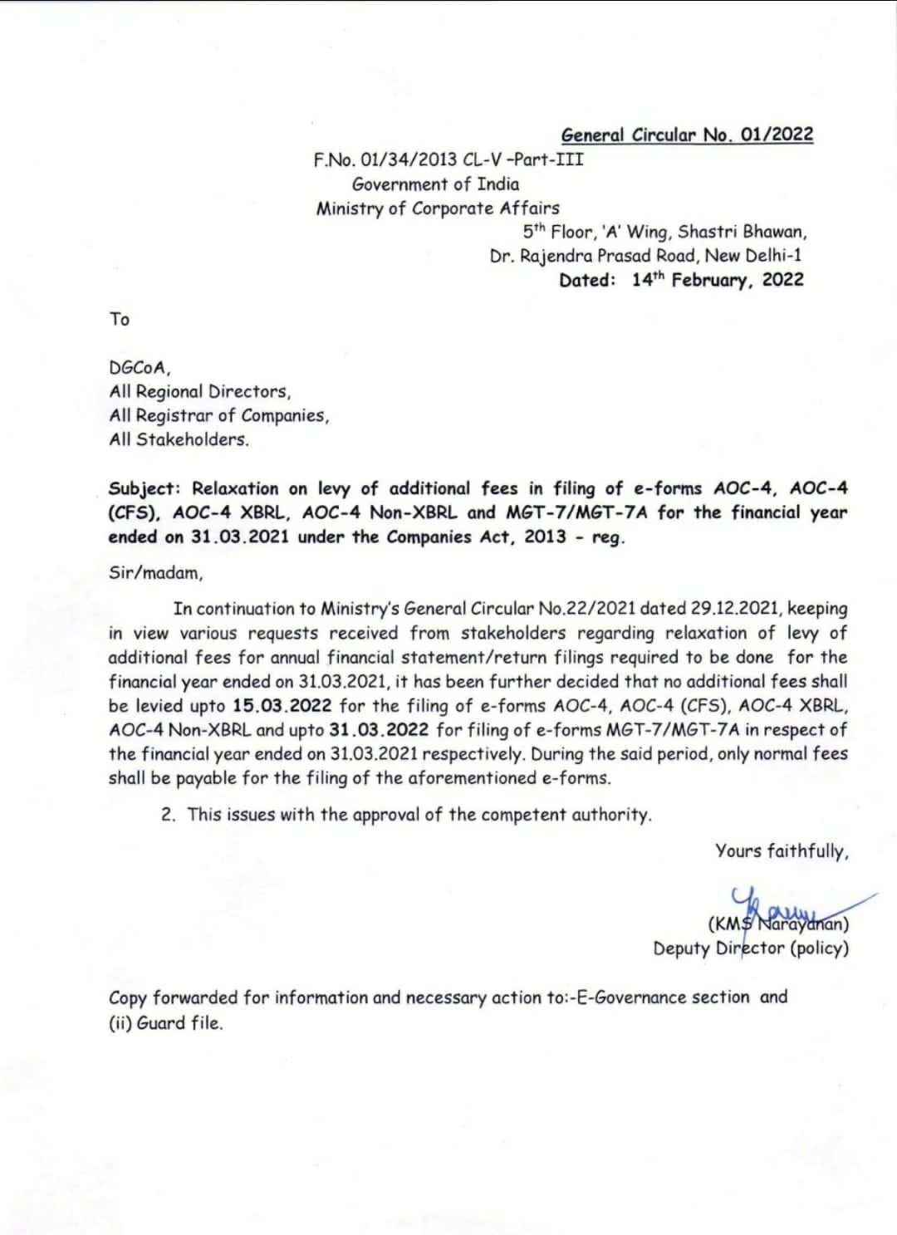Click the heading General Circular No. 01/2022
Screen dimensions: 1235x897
coord(687,135)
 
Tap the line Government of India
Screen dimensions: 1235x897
coord(435,184)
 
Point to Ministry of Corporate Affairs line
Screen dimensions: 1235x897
coord(438,208)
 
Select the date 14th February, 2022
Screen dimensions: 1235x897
coord(717,280)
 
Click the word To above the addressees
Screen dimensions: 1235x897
coord(120,319)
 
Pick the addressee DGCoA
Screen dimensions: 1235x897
coord(140,368)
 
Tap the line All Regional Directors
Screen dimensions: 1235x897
coord(200,392)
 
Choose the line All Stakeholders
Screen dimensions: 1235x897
coord(179,440)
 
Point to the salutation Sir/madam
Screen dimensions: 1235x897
coord(155,573)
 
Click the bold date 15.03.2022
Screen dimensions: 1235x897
coord(282,706)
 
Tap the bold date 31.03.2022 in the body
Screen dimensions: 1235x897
coord(379,730)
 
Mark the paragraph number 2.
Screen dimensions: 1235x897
coord(169,815)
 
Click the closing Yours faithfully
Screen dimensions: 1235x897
coord(782,851)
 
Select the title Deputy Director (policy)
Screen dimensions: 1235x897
coord(751,948)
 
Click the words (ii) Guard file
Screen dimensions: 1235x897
coord(166,1023)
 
